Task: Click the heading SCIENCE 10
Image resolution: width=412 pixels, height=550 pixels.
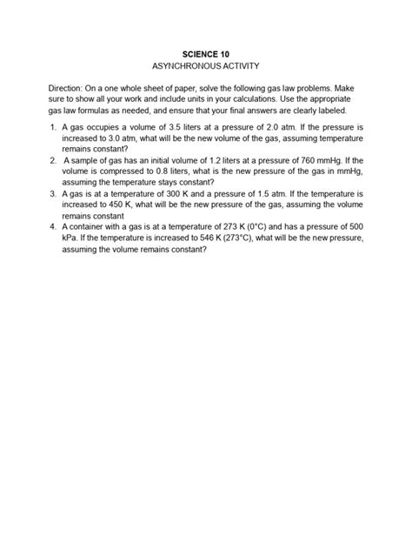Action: coord(206,53)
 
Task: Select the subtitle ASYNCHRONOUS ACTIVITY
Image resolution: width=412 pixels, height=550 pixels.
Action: coord(206,66)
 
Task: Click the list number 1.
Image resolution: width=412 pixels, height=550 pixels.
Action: coord(54,127)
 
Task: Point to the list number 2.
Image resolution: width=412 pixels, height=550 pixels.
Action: coord(54,161)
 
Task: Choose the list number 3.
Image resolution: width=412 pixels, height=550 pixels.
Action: coord(54,195)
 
